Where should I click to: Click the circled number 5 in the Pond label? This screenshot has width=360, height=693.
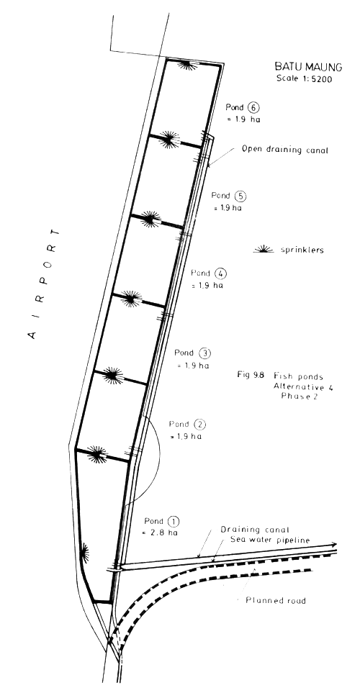point(240,196)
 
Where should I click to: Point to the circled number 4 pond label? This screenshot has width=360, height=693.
point(220,273)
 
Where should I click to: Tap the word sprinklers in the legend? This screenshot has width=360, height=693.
point(303,251)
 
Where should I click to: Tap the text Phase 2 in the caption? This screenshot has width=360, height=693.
point(286,397)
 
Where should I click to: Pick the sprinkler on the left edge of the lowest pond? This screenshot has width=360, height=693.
point(84,553)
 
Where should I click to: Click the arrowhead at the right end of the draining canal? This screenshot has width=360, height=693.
point(335,545)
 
